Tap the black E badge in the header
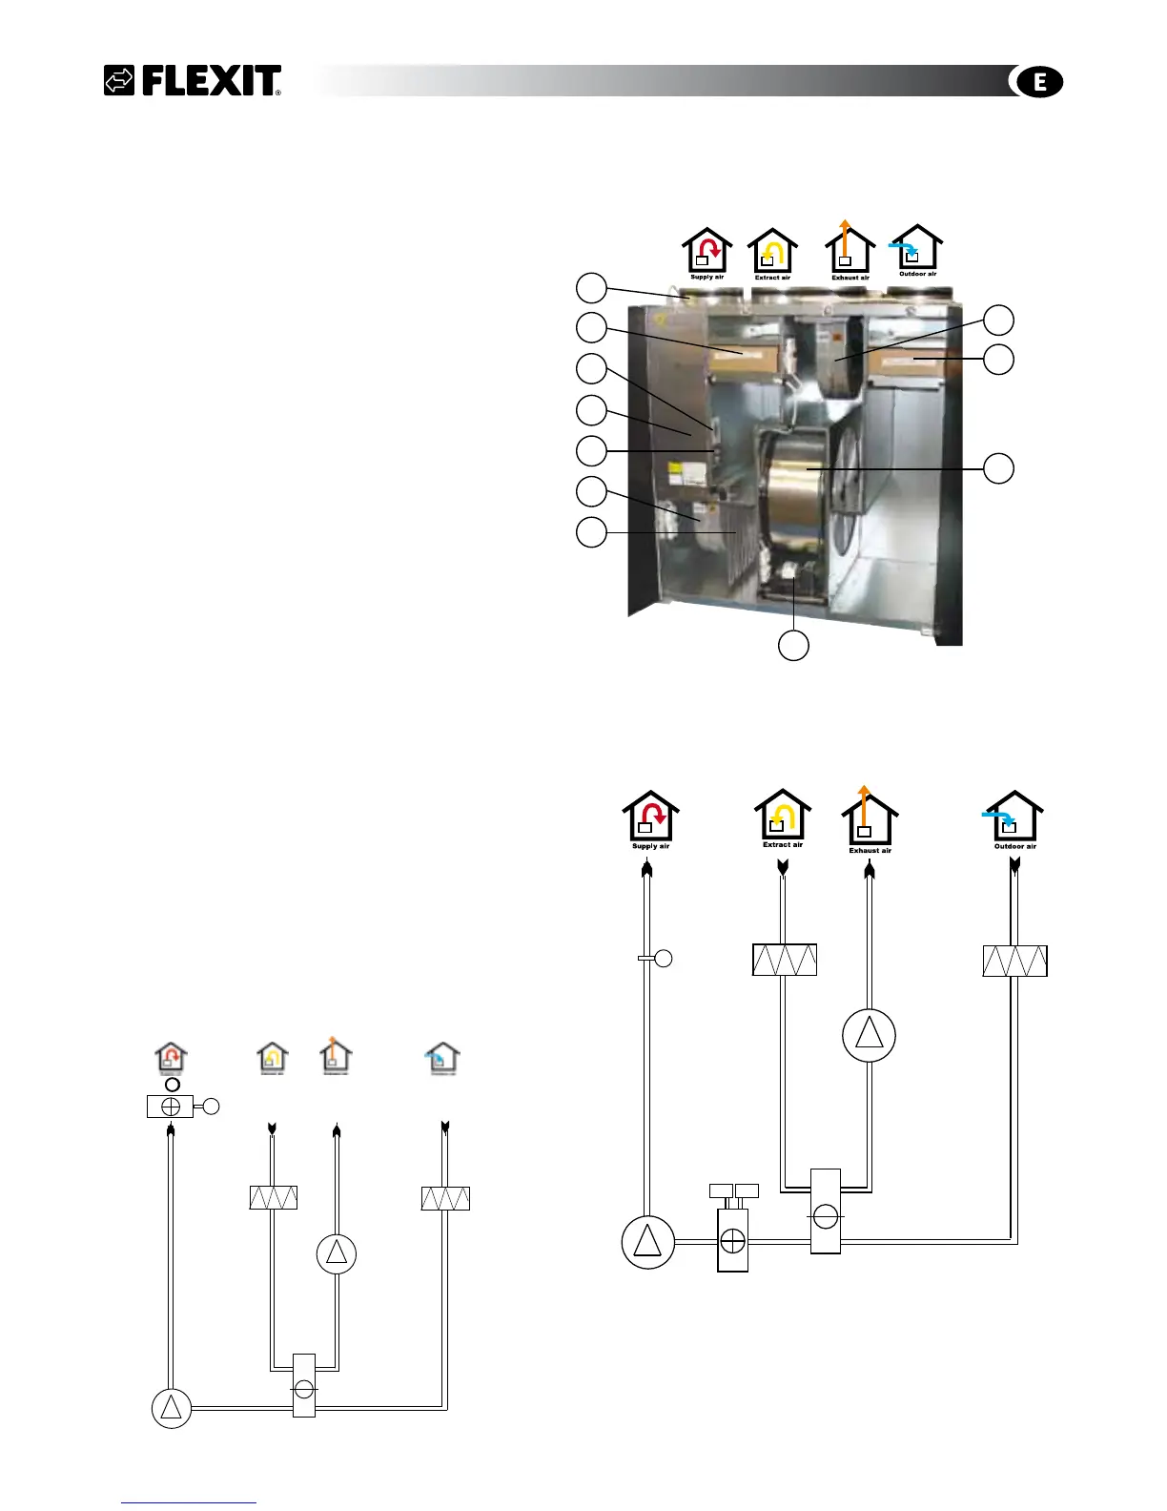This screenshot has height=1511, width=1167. coord(1038,83)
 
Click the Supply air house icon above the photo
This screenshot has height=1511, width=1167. coord(706,251)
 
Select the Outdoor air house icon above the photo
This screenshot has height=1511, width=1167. coord(916,249)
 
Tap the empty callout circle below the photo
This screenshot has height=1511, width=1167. coord(793,646)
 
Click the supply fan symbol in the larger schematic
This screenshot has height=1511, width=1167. coord(647,1242)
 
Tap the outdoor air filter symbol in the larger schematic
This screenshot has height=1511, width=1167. coord(1014,961)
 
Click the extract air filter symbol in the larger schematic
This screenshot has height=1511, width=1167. coord(785,961)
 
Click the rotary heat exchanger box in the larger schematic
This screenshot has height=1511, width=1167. coord(826,1211)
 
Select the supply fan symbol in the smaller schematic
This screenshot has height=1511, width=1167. coord(172,1408)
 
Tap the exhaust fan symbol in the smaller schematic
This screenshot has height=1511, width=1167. coord(337,1254)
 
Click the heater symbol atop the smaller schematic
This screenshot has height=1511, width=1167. coord(170,1107)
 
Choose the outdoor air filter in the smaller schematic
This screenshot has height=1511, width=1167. coord(445,1198)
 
